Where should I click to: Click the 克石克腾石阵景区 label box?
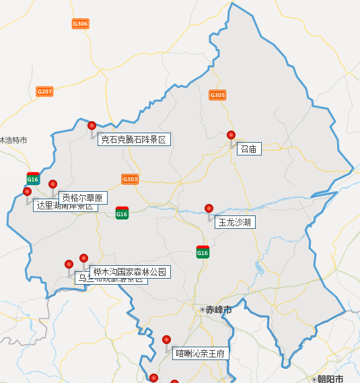coord(133,140)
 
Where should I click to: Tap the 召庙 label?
coord(248,149)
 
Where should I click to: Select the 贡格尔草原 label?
coord(83,198)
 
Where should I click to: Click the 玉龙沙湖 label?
coord(235,222)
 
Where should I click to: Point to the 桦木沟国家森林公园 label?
coord(129,272)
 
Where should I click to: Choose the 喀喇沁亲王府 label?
coord(201,353)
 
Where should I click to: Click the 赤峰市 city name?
coord(219,310)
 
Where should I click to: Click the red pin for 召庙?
coord(231,135)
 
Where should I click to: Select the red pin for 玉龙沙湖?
coord(209,208)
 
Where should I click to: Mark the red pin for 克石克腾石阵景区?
coord(92,125)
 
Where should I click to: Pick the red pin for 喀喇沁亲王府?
coord(166,339)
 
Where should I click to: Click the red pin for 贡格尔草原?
coord(52,184)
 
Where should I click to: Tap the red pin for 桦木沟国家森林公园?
coord(83,258)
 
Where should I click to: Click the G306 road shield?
coord(80,24)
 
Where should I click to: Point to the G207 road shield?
coord(44,92)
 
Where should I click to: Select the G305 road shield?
coord(217,95)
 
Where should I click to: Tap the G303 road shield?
coord(130,179)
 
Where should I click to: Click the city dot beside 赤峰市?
coord(203,310)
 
